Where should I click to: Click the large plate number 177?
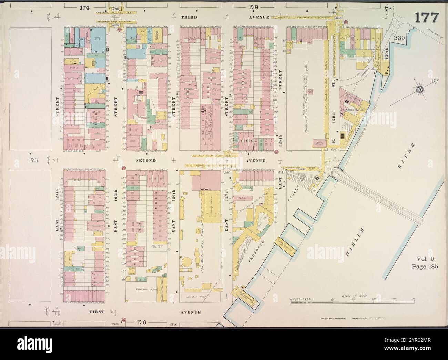(426, 17)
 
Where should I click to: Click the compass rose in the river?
(420, 90)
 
